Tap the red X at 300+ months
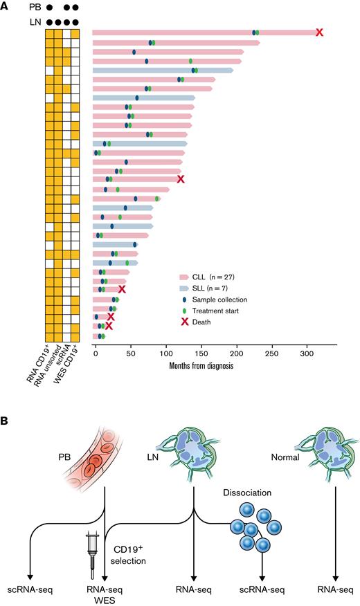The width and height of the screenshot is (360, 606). click(x=318, y=33)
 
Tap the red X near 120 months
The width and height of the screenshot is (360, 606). click(x=181, y=178)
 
